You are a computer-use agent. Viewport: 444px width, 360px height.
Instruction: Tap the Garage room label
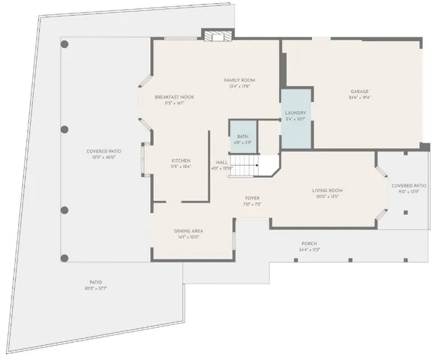[x=359, y=91]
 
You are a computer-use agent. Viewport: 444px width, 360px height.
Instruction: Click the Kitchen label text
[x=181, y=160]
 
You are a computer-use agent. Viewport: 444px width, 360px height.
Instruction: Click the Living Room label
[x=328, y=190]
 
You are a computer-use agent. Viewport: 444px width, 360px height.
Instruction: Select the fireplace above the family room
[x=216, y=36]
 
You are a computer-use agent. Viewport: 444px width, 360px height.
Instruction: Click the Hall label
[x=223, y=161]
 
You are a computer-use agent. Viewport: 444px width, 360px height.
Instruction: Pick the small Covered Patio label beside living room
[x=409, y=185]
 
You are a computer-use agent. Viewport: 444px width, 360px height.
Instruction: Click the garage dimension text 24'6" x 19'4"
[x=359, y=98]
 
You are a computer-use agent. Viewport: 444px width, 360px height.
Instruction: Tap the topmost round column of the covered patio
[x=64, y=45]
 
